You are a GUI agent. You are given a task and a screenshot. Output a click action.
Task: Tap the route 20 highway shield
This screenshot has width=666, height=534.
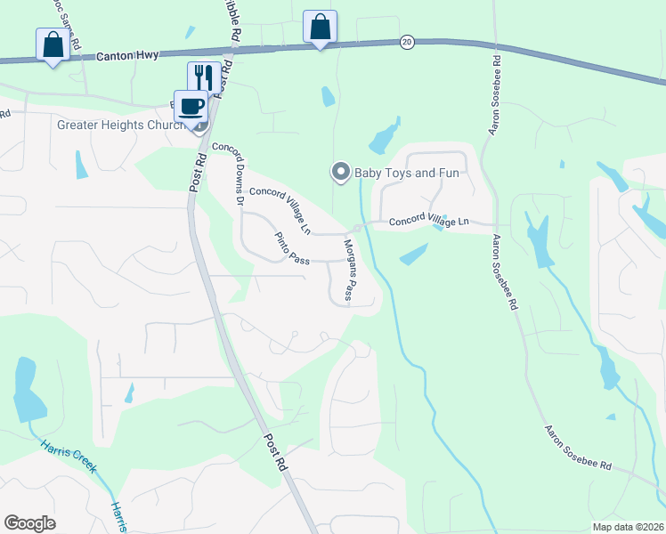pos(407,42)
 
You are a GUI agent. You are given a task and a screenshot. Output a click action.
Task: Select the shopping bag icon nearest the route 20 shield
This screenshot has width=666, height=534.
pos(320,27)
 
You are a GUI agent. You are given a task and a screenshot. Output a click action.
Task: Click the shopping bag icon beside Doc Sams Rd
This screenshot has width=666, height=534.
pos(53,44)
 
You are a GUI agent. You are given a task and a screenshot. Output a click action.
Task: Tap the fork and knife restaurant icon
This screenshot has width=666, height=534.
pos(204,77)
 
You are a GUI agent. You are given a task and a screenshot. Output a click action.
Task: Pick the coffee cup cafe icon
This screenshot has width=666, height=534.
pos(191,107)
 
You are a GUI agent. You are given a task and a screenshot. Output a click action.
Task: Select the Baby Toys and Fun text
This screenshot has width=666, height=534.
pos(407,173)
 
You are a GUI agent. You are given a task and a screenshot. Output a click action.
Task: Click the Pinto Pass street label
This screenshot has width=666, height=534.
pos(291,248)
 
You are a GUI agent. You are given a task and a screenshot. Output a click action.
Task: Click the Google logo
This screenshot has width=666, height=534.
pos(29,523)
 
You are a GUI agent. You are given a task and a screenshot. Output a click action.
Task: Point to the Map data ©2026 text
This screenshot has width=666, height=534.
pos(627,527)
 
